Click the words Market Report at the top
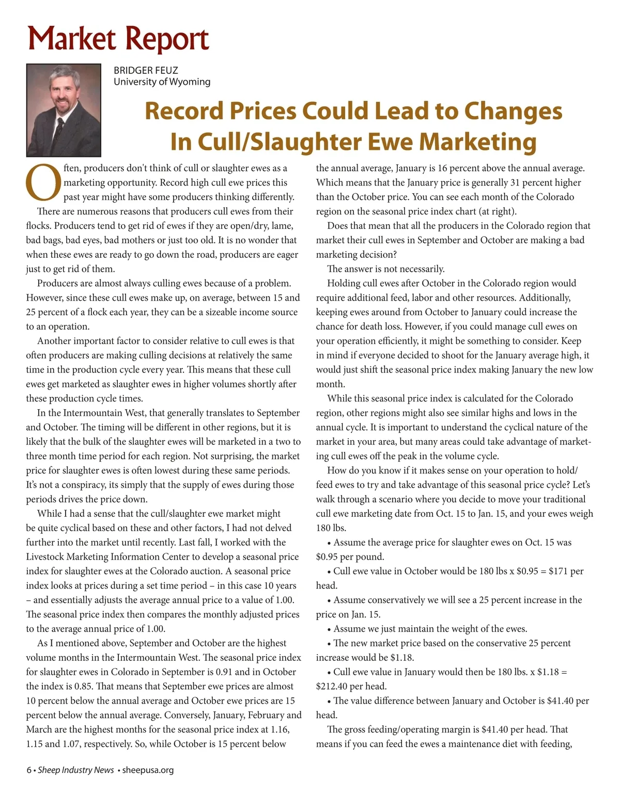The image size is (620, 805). (118, 38)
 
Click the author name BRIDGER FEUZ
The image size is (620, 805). (146, 70)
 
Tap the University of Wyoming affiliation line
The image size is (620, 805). (162, 82)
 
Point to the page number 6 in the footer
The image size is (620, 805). (29, 770)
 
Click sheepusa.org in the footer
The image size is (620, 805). (148, 770)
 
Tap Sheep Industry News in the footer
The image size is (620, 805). (76, 770)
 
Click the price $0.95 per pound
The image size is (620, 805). (350, 557)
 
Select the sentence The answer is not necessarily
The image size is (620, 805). (385, 269)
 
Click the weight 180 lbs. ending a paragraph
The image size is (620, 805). (331, 528)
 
